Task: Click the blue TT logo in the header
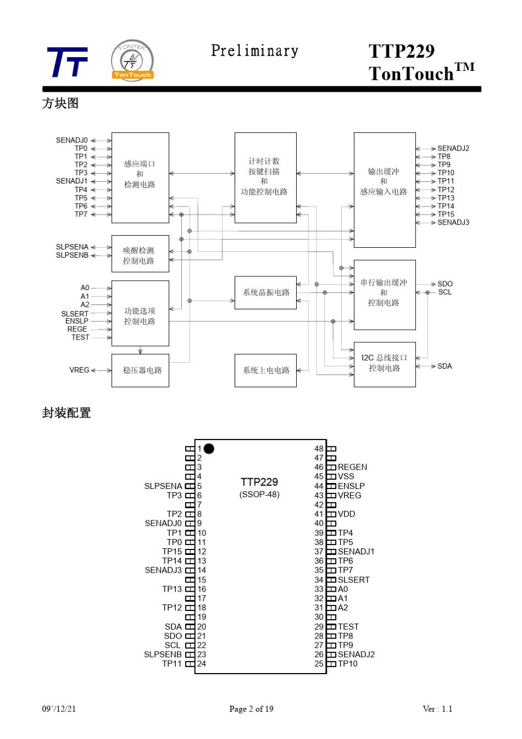point(68,62)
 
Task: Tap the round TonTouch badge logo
point(132,60)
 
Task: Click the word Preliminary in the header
point(254,51)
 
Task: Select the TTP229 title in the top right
point(402,51)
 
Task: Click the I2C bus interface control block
point(385,364)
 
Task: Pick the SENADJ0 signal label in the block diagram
point(71,140)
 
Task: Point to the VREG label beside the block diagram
point(79,370)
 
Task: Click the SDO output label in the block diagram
point(445,284)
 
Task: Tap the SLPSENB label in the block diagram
point(72,255)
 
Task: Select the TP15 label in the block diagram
point(446,214)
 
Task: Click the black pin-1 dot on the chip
point(209,449)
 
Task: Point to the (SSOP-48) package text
point(259,494)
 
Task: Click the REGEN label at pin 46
point(352,467)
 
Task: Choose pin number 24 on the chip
point(201,664)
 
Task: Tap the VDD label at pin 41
point(347,514)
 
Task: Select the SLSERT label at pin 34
point(354,580)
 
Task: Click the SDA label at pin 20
point(173,627)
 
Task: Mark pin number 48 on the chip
point(319,449)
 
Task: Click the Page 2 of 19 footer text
point(252,709)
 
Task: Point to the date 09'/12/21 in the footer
point(59,709)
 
